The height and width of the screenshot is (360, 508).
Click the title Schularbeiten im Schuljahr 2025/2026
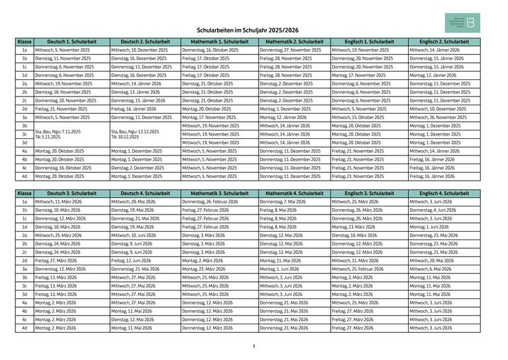click(x=248, y=30)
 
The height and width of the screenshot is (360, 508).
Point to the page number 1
click(x=253, y=347)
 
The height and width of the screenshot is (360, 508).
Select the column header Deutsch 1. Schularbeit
click(x=71, y=42)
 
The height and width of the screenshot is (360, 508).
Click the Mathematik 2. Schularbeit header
click(x=294, y=42)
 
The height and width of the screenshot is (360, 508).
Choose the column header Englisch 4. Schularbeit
click(x=444, y=193)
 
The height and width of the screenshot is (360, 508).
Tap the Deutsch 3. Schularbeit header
click(x=71, y=193)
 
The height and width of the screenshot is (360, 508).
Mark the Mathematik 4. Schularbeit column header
click(x=294, y=193)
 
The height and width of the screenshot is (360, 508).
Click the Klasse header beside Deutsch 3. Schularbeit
click(x=24, y=193)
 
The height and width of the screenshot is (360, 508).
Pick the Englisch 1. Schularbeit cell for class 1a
click(x=368, y=50)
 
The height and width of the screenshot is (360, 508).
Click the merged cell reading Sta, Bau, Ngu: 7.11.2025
click(x=71, y=134)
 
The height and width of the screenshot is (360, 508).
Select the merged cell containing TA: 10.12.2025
click(x=145, y=134)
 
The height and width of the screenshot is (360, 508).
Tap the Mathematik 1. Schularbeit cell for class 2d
click(x=219, y=109)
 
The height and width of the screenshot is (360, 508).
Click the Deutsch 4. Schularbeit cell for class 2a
click(x=145, y=235)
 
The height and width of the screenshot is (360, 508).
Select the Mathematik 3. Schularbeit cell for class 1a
click(x=219, y=201)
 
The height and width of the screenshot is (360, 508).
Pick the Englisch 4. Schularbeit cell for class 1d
click(x=444, y=226)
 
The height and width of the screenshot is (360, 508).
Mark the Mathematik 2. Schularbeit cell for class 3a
click(x=294, y=117)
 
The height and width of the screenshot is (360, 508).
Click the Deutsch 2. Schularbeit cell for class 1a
click(x=145, y=50)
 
